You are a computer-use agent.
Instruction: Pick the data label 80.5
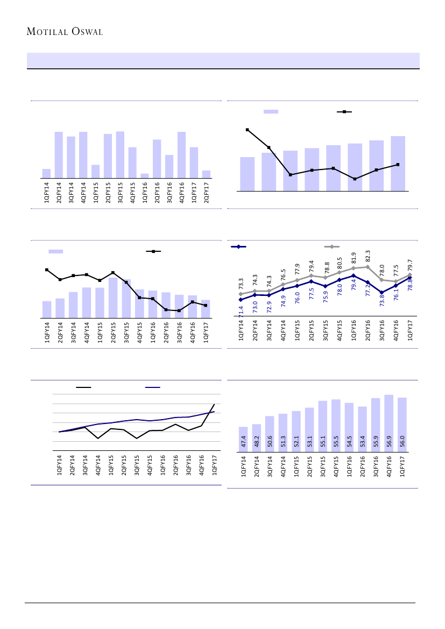pos(340,263)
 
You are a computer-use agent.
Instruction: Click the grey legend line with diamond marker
pos(332,246)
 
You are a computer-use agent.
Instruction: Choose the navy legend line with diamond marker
pos(238,246)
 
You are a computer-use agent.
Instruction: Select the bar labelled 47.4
pos(243,440)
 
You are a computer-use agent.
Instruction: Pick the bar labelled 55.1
pos(322,427)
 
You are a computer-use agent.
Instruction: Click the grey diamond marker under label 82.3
pos(368,267)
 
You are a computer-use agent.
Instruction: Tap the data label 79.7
pos(410,265)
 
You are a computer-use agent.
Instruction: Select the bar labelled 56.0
pos(401,425)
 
